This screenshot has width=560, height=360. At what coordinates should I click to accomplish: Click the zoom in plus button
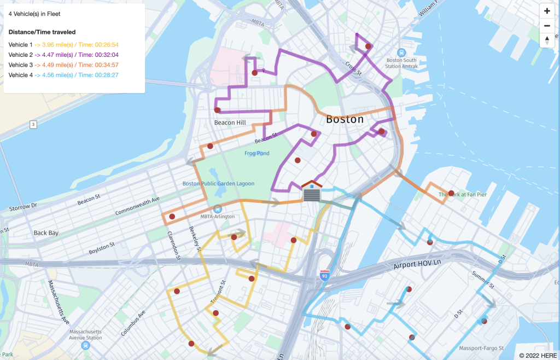point(547,11)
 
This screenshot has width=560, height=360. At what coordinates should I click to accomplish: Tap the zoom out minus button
point(547,26)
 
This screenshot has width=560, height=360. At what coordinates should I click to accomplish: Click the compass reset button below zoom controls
point(547,40)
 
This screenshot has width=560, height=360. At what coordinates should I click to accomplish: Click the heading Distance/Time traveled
point(42,32)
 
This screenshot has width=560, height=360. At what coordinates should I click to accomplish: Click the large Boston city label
point(345,119)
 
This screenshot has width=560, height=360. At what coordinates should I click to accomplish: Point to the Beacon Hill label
point(230,123)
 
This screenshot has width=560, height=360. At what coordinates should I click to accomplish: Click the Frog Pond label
point(256,153)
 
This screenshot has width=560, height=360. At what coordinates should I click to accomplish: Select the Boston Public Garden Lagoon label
point(218,184)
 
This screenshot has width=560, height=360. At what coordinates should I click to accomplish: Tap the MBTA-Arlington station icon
point(218,208)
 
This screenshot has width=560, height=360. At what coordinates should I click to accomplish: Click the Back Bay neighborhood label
point(46,233)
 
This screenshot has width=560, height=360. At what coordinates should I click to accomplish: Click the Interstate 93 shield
point(325,274)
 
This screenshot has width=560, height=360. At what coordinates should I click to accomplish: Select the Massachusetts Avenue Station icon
point(85,346)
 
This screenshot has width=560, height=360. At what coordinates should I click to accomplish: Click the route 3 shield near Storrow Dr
point(33,125)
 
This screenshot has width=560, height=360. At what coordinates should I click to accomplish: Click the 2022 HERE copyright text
point(538,355)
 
